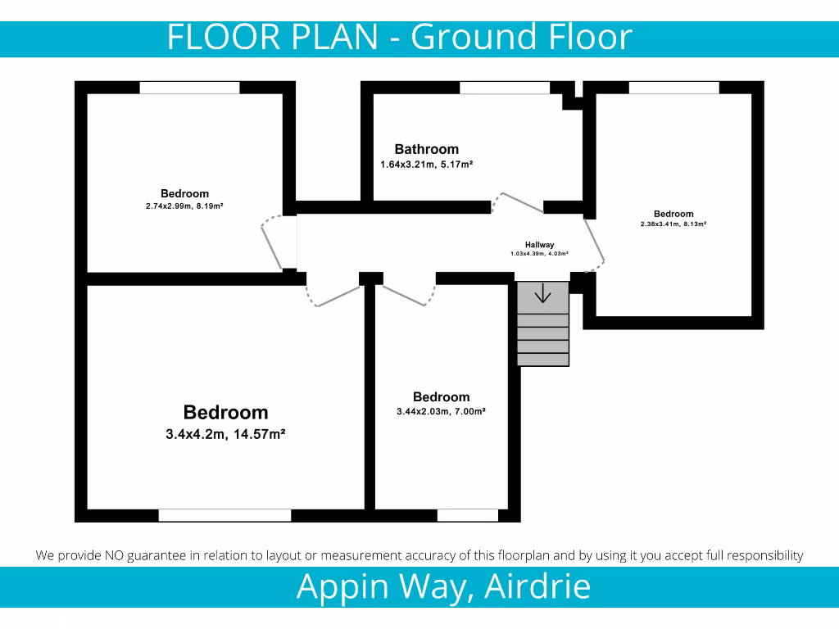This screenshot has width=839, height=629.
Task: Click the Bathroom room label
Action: click(426, 149)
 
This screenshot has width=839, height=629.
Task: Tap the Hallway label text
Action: click(539, 245)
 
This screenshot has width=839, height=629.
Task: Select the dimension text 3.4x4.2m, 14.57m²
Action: click(225, 434)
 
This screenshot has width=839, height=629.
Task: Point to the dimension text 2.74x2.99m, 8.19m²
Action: click(184, 206)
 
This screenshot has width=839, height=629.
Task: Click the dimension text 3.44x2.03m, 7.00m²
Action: click(441, 411)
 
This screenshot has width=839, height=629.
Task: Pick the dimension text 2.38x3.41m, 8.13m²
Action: click(673, 224)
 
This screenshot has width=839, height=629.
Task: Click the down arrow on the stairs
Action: click(542, 292)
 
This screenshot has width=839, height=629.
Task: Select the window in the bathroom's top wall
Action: click(504, 88)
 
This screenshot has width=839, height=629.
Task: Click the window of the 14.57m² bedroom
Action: click(224, 515)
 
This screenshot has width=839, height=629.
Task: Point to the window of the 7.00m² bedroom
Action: click(467, 515)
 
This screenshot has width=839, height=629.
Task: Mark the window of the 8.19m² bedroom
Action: click(189, 88)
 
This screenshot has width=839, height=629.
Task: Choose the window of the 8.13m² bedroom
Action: click(673, 88)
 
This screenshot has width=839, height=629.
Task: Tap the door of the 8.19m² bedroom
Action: click(274, 242)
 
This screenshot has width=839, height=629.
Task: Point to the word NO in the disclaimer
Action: click(115, 555)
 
